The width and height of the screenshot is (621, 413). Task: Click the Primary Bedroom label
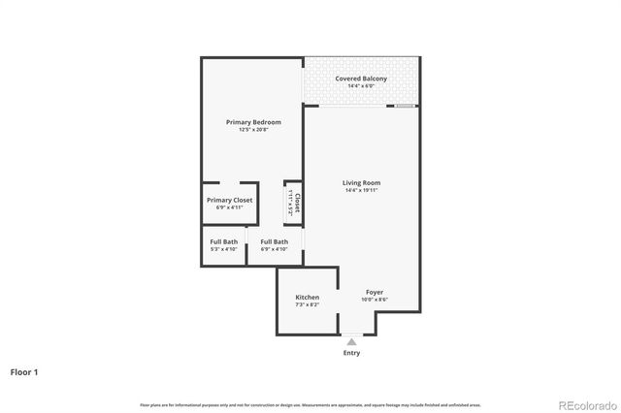pyautogui.click(x=253, y=122)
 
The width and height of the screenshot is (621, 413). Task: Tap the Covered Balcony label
pyautogui.click(x=361, y=79)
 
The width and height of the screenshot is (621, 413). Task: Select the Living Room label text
pyautogui.click(x=361, y=182)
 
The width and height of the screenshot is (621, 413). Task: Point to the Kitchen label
pyautogui.click(x=308, y=297)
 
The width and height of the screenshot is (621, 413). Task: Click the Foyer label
pyautogui.click(x=375, y=292)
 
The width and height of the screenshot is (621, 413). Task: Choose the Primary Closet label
pyautogui.click(x=230, y=200)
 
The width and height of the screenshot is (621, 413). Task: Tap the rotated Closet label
pyautogui.click(x=298, y=204)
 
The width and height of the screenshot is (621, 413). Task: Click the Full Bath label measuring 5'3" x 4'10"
pyautogui.click(x=224, y=241)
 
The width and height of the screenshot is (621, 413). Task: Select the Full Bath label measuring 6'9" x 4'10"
pyautogui.click(x=274, y=241)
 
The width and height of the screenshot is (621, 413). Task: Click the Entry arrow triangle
pyautogui.click(x=351, y=341)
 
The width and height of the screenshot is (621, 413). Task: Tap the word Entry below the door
pyautogui.click(x=351, y=353)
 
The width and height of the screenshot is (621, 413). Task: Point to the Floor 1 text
pyautogui.click(x=25, y=371)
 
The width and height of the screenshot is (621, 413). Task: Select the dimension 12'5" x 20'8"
pyautogui.click(x=253, y=130)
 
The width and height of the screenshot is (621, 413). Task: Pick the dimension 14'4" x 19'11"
pyautogui.click(x=361, y=190)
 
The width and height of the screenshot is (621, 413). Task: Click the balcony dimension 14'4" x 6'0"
pyautogui.click(x=361, y=86)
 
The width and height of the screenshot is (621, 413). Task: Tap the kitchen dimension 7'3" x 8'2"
pyautogui.click(x=308, y=304)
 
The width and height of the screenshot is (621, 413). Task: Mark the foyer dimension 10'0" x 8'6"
pyautogui.click(x=375, y=300)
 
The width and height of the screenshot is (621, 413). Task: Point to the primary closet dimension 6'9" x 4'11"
pyautogui.click(x=230, y=207)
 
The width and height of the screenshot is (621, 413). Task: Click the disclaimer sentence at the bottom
pyautogui.click(x=310, y=404)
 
